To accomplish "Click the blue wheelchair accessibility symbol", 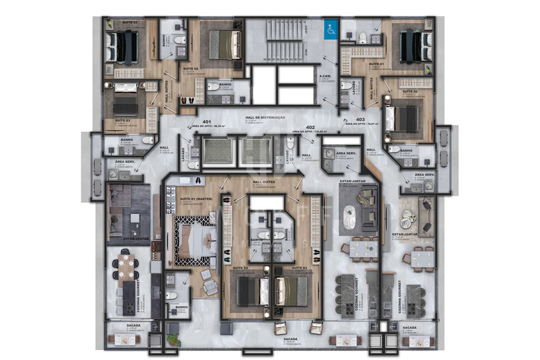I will point(330,27).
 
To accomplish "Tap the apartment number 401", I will point(207,122).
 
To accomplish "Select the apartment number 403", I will point(359,119).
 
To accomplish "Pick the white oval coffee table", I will point(352,217).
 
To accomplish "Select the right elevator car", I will point(255,151).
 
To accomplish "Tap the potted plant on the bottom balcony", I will point(174,339).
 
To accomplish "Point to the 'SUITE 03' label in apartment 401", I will point(122,120).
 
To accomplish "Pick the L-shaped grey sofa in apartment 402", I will point(367,207).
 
